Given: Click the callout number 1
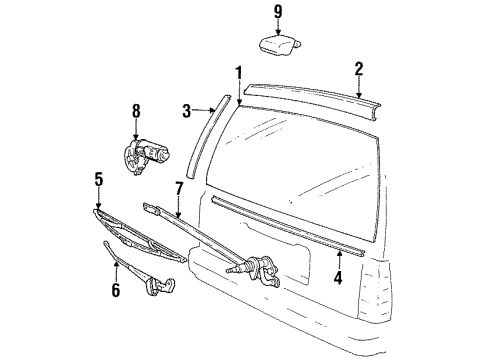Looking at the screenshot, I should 238,72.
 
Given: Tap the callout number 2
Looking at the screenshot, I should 358,69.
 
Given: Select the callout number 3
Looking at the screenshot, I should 186,109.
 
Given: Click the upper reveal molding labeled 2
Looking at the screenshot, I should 320,95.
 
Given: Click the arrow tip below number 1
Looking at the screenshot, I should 239,105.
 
